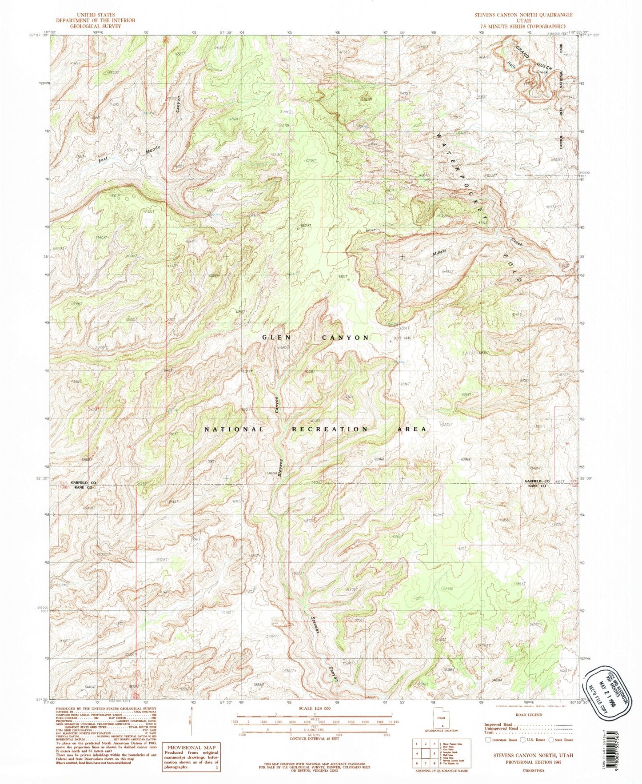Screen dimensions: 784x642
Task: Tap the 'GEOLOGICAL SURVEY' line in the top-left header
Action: point(96,26)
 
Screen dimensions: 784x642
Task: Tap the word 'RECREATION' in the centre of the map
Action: point(330,429)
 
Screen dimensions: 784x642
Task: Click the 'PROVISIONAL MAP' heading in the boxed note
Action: point(190,748)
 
